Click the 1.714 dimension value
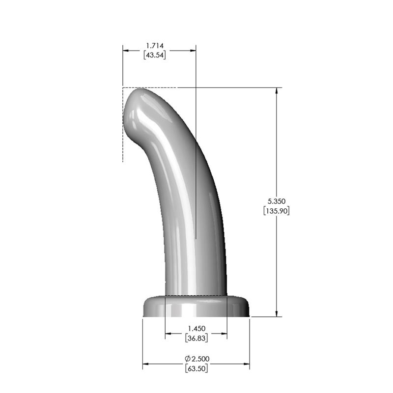point(154,46)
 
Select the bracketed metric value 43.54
point(154,55)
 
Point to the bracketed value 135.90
point(277,211)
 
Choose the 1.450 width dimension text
point(196,328)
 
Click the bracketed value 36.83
point(196,338)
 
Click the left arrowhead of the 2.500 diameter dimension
point(146,364)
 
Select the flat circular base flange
point(196,307)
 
